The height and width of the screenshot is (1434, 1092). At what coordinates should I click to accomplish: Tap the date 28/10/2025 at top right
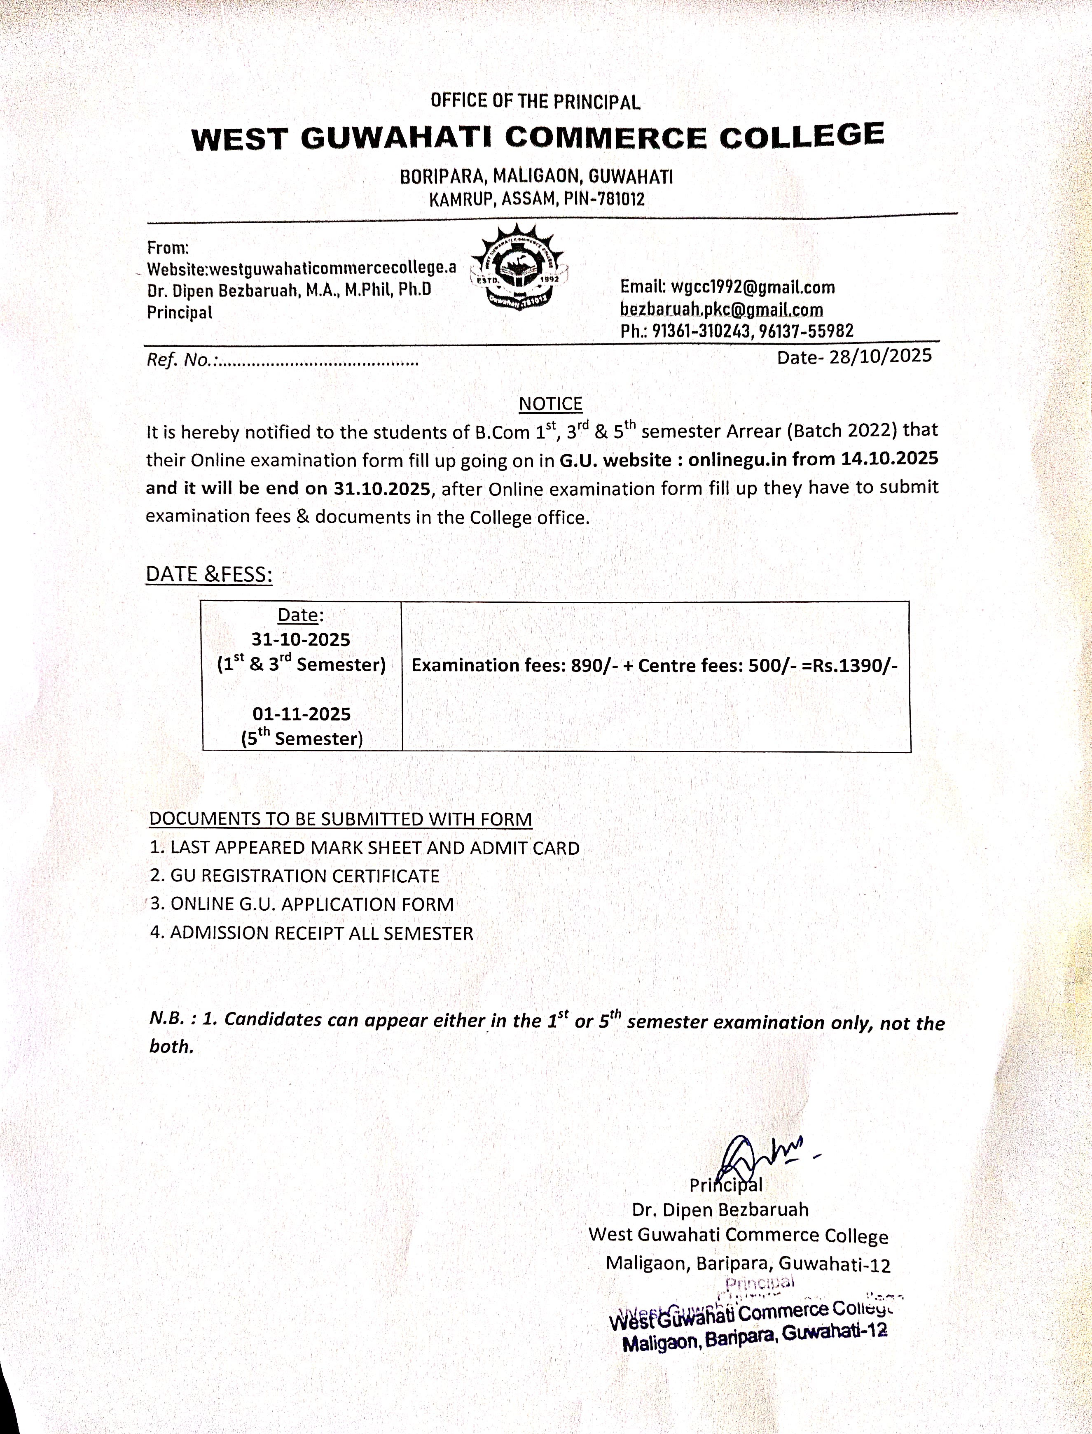pyautogui.click(x=880, y=355)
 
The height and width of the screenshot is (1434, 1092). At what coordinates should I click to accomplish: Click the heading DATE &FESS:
pyautogui.click(x=209, y=574)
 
